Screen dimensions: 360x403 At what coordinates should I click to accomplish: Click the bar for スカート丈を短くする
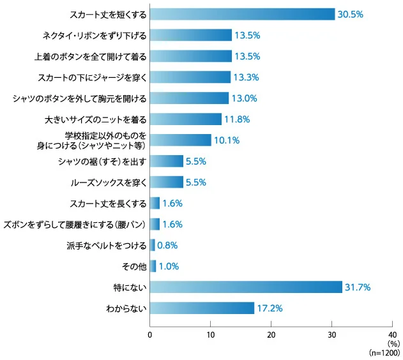point(242,14)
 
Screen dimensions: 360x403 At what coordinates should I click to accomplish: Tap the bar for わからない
point(202,308)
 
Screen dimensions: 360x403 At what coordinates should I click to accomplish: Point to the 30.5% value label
point(351,14)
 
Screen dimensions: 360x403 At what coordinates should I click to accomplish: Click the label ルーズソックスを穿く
point(109,182)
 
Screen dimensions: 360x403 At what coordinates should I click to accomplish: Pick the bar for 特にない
point(246,287)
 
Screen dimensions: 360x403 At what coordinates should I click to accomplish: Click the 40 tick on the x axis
point(392,335)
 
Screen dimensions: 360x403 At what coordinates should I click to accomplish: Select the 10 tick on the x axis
point(210,335)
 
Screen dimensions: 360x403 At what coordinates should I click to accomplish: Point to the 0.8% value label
point(167,245)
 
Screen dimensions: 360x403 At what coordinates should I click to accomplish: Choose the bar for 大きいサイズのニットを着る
point(186,119)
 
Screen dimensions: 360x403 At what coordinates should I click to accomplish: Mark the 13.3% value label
point(247,77)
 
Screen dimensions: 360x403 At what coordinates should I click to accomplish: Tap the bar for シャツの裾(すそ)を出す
point(167,161)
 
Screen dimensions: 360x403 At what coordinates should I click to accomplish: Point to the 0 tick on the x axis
point(150,335)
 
